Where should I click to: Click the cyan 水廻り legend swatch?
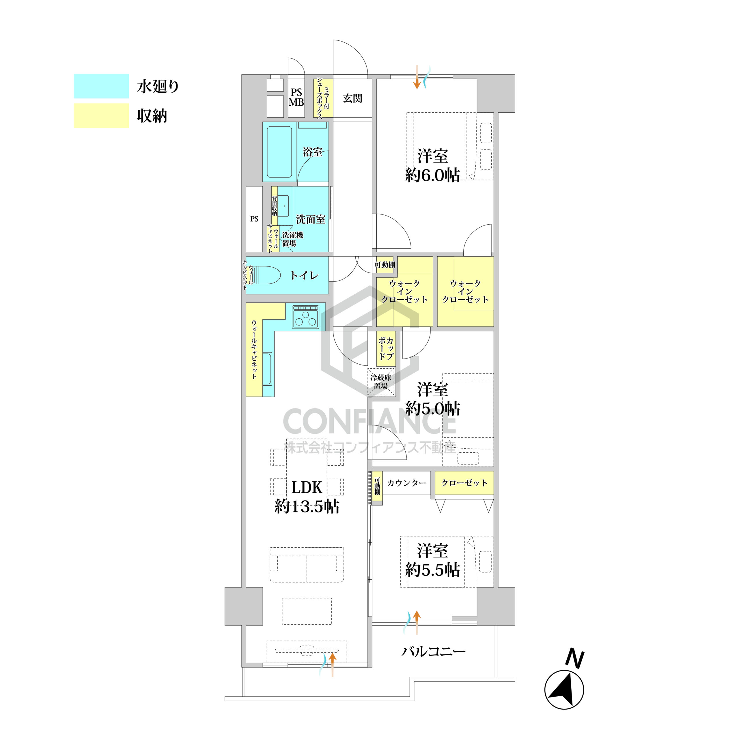point(101,86)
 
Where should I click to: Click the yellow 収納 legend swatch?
point(101,115)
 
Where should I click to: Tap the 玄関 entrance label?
point(352,98)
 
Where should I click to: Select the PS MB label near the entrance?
point(296,98)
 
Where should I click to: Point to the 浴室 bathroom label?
point(313,152)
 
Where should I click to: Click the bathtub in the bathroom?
point(279,152)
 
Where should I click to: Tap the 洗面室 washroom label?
point(311,219)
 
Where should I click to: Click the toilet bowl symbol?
point(266,275)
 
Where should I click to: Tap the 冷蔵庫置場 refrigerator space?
point(381,382)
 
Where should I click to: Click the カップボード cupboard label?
point(386,348)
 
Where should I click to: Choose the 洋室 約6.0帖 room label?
point(433,165)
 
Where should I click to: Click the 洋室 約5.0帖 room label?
point(433,399)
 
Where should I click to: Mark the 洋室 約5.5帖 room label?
point(433,560)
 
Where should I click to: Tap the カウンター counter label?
point(407,483)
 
